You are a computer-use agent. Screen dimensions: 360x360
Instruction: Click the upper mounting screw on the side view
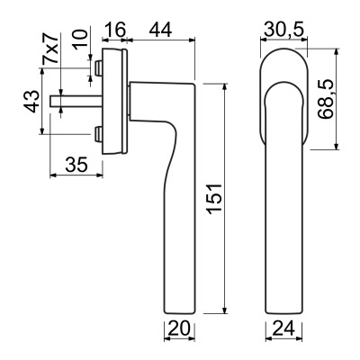[96, 67]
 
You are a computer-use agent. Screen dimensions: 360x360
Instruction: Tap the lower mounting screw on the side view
[96, 136]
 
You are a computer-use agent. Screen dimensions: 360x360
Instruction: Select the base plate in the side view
[114, 101]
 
